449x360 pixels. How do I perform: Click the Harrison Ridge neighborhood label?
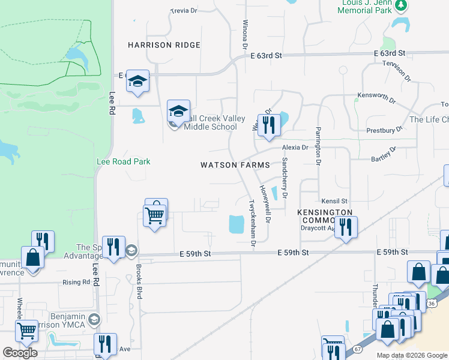(x=164, y=45)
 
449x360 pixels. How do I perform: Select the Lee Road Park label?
(x=124, y=161)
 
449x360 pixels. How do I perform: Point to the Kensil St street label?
(x=334, y=200)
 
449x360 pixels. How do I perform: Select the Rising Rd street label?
(x=76, y=282)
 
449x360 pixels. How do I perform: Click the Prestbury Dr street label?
(x=384, y=130)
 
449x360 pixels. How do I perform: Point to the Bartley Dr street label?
(x=384, y=154)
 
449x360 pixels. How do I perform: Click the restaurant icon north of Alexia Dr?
(x=268, y=124)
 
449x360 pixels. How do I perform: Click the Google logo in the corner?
(x=20, y=352)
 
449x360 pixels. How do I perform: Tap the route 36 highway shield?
(x=431, y=304)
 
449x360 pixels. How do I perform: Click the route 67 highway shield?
(x=358, y=349)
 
